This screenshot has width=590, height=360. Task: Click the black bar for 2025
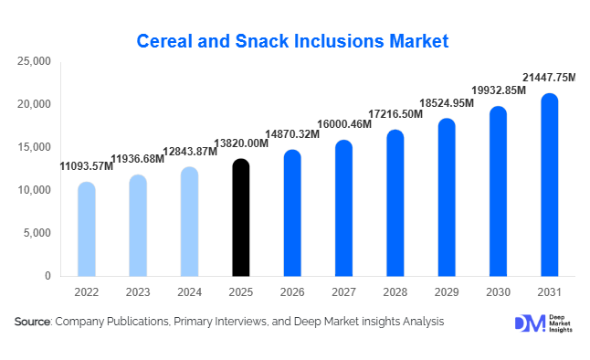click(x=240, y=217)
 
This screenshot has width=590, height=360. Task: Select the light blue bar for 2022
click(x=86, y=229)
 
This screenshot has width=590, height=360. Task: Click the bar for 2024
click(x=189, y=222)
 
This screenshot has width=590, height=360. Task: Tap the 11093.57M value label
click(x=87, y=166)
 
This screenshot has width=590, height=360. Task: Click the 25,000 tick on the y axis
click(x=34, y=61)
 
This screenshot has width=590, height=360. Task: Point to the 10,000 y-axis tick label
click(x=34, y=190)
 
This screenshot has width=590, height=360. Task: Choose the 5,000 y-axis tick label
click(x=37, y=233)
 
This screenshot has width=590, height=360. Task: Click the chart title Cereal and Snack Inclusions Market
click(x=293, y=41)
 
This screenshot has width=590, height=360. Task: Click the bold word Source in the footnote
click(x=32, y=322)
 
